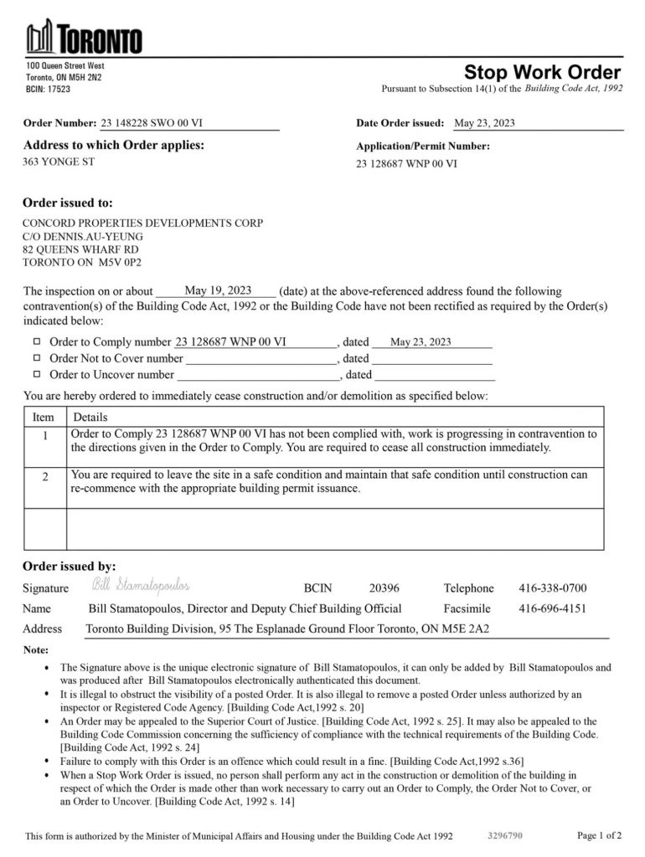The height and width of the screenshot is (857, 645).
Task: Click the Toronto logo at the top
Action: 84,38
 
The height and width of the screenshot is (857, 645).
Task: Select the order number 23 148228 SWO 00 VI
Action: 152,124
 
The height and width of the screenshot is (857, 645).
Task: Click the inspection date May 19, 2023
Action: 218,291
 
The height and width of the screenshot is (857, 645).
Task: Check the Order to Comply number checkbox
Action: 36,341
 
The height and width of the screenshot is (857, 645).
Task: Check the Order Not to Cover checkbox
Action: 36,358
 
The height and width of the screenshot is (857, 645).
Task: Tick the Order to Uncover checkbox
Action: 36,374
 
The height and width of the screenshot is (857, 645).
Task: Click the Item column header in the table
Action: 44,417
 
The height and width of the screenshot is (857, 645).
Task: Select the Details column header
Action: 90,417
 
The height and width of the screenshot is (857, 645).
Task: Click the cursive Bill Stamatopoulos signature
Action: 141,583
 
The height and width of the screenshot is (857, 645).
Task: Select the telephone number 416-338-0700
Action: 553,588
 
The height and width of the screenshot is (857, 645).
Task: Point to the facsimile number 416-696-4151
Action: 553,608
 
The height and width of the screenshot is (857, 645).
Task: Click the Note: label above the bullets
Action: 36,649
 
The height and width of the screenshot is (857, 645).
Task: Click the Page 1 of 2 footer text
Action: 600,835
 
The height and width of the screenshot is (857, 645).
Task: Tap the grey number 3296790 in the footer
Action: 505,835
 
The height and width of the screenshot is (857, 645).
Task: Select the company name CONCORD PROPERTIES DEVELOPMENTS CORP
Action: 142,223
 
